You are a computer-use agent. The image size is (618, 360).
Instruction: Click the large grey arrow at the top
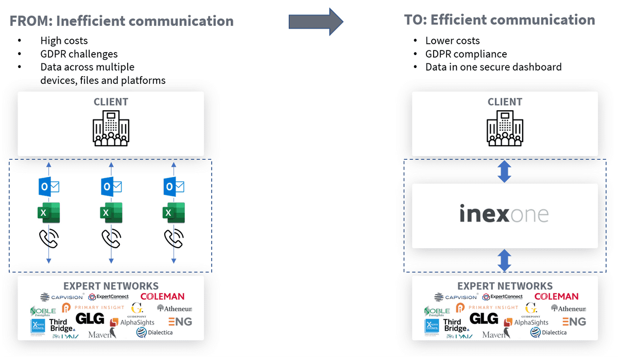(315, 22)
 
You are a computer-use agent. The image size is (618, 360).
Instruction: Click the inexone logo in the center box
(504, 214)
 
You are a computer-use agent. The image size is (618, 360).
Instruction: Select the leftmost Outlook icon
(49, 186)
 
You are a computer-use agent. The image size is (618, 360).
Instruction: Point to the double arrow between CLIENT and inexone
(504, 172)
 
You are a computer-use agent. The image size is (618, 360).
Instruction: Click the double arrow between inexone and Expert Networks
(504, 260)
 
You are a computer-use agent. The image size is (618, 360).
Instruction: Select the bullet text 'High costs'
(64, 41)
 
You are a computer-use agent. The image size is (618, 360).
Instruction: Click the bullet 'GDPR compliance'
(466, 54)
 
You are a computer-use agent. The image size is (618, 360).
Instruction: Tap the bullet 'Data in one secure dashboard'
(493, 67)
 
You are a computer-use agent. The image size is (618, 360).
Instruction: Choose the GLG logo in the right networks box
(484, 319)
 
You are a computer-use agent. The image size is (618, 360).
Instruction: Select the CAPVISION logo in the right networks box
(456, 297)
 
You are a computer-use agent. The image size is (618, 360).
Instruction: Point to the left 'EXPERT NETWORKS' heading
(111, 286)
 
